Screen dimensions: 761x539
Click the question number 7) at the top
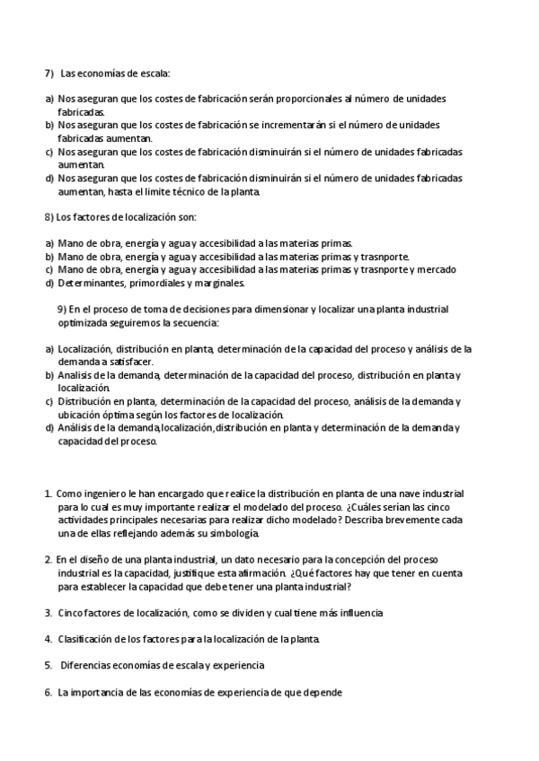(x=50, y=73)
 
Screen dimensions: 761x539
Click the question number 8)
(x=49, y=217)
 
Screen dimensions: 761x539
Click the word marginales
(x=216, y=283)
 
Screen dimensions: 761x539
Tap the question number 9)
(x=62, y=310)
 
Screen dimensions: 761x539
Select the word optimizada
(x=83, y=322)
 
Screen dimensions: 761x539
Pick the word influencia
(x=358, y=613)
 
